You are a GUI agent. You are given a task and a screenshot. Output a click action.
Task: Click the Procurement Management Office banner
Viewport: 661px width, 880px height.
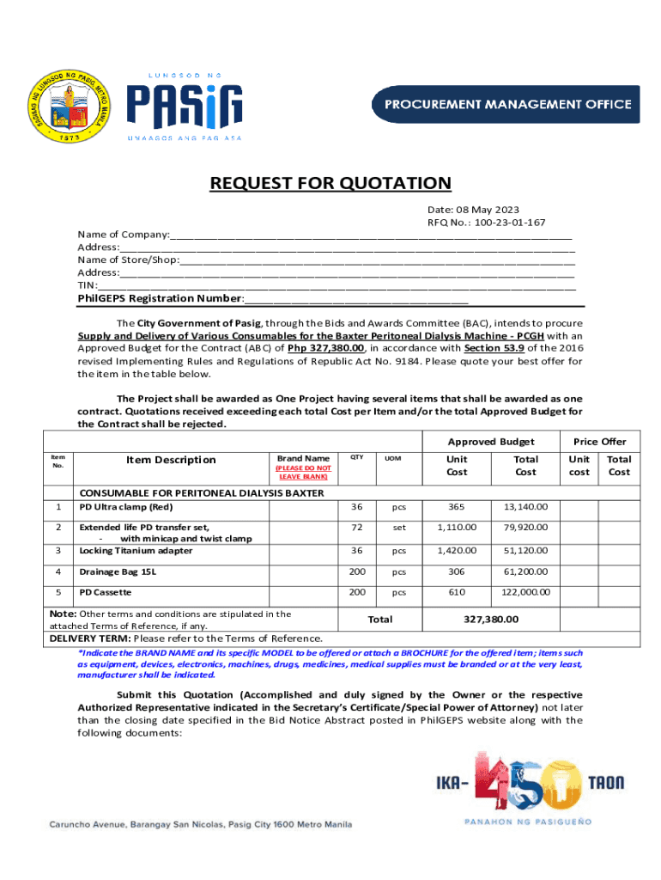point(506,104)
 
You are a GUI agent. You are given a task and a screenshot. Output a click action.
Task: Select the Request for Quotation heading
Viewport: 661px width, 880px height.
point(330,183)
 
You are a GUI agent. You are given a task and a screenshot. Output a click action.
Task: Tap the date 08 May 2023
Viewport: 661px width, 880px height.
point(473,210)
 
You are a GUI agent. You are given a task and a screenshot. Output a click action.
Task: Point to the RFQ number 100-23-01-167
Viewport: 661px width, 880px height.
point(486,223)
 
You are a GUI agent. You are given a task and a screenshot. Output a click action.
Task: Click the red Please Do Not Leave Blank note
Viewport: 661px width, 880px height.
point(302,472)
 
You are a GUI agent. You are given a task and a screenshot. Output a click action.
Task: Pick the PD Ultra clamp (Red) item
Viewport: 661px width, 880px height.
point(126,506)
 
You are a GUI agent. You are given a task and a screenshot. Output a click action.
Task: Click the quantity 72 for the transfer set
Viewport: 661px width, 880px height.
point(356,527)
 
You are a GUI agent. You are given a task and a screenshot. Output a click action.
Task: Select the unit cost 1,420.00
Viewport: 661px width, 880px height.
point(456,550)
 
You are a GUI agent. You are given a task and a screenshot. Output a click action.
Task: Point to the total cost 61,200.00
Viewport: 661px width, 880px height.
point(525,571)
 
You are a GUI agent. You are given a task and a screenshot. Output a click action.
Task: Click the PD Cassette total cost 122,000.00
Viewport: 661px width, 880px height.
point(525,592)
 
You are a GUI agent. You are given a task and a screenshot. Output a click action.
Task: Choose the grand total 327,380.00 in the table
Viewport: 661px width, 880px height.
point(490,619)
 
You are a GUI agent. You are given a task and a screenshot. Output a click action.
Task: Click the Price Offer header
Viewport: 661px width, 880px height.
point(600,441)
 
